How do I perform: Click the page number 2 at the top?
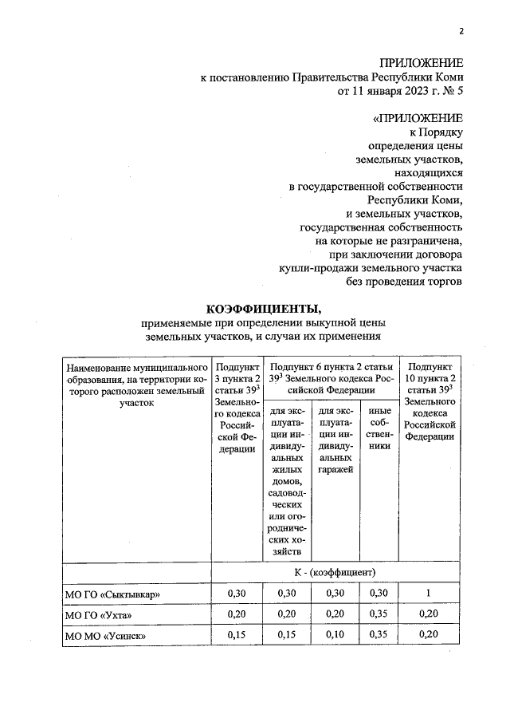coord(460,32)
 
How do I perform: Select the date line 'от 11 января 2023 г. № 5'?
coord(401,91)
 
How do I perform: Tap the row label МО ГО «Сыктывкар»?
coord(109,594)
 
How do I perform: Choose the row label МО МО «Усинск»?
coord(103,636)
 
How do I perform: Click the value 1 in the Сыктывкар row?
coord(430,594)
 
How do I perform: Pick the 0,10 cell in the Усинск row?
coord(335,635)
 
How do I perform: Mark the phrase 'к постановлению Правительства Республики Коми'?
coord(331,77)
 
